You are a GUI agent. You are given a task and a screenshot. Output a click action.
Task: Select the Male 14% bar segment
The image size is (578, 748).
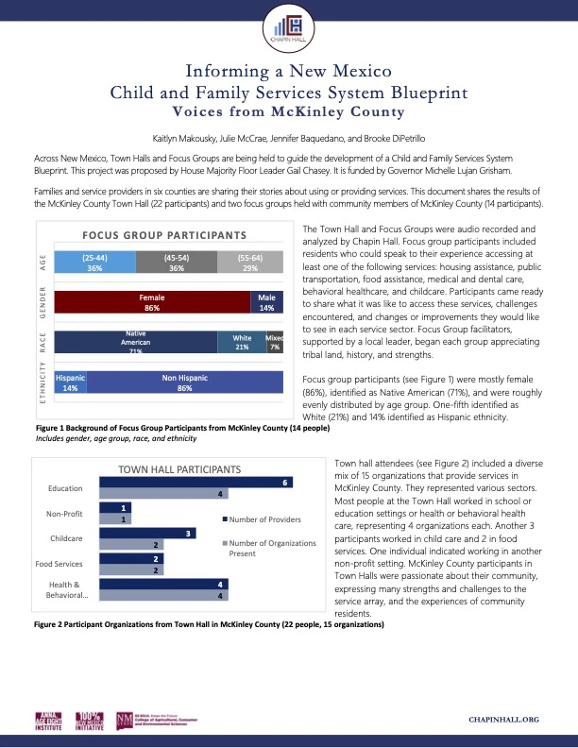(x=266, y=302)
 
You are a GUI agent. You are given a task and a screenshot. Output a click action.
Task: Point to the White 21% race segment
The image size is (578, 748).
(x=241, y=342)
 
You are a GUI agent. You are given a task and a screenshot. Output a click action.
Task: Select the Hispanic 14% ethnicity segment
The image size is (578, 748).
(x=70, y=382)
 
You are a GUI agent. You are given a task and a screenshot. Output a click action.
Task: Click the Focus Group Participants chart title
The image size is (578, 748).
(x=169, y=235)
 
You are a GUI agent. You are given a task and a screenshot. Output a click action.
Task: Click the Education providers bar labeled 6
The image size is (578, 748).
(x=206, y=483)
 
